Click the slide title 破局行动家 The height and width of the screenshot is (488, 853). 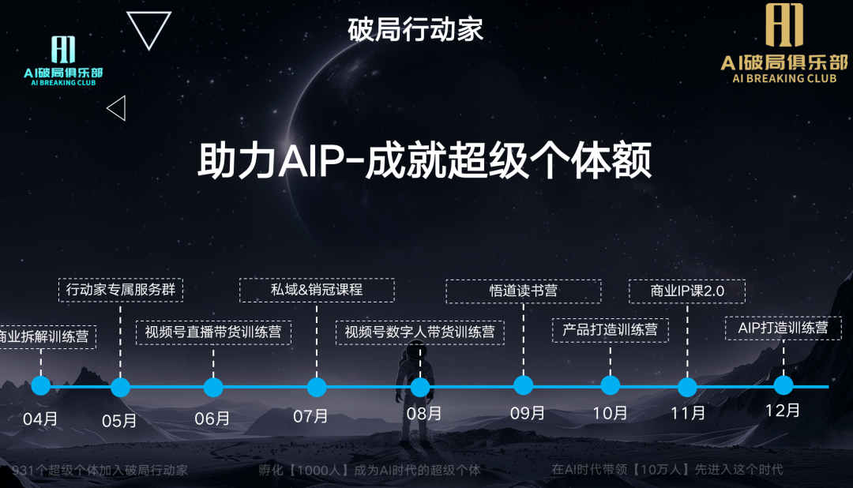point(415,29)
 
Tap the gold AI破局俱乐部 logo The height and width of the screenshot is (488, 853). point(783,43)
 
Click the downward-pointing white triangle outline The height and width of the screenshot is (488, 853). point(148,28)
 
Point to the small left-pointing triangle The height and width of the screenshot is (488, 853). point(117,108)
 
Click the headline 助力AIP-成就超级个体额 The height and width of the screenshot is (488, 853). point(424,162)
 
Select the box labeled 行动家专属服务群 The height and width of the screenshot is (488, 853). point(121,290)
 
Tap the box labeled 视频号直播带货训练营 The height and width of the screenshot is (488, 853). point(213,332)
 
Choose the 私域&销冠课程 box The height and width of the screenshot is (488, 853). point(316,289)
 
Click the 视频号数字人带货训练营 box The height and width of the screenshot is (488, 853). point(419,332)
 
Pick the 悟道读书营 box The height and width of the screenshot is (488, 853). point(523,291)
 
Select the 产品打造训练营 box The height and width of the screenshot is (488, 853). point(610,329)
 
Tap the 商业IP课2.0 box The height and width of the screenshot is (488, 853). point(687,291)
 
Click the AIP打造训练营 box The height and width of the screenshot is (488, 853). point(783,328)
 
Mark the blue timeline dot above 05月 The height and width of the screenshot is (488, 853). point(120,387)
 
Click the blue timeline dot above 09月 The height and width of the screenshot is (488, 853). point(523,385)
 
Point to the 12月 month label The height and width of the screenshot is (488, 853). point(783,411)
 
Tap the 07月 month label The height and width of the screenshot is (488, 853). point(310,415)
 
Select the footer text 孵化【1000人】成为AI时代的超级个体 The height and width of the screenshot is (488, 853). point(370,470)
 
